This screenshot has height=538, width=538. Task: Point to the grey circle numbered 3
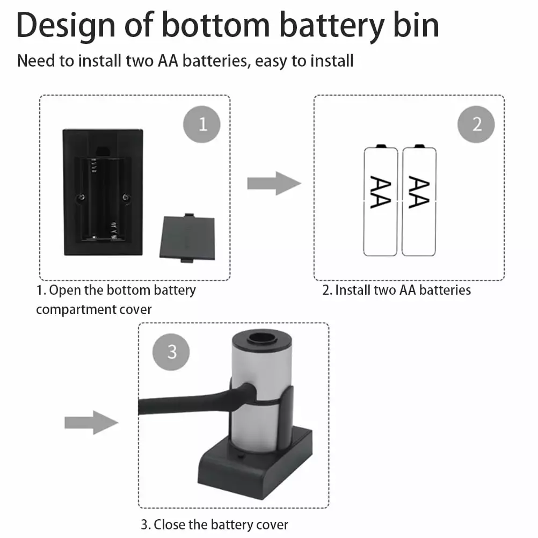click(x=172, y=352)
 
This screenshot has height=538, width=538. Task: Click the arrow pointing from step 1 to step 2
click(x=273, y=184)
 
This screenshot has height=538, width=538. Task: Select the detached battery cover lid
click(x=187, y=237)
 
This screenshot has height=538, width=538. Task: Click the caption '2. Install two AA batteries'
click(x=396, y=290)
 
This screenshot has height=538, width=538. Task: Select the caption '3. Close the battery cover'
click(x=215, y=525)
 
